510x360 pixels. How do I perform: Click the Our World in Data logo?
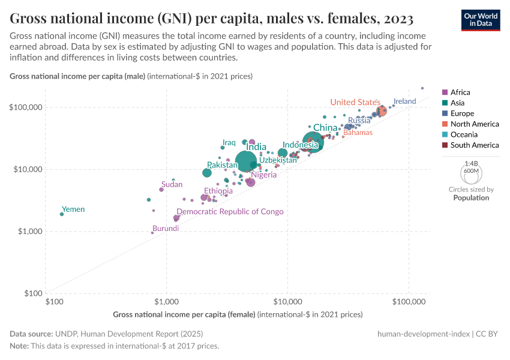480,19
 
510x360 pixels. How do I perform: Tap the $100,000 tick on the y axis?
25,107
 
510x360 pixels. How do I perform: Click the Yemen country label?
73,209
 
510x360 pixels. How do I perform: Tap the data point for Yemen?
62,214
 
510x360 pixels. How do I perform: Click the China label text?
325,128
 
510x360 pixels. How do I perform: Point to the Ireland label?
404,101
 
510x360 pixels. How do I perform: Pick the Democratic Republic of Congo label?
230,212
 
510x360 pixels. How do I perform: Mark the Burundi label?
165,229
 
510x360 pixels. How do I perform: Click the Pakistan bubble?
207,173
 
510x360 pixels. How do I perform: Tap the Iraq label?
229,142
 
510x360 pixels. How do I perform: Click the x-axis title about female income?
238,314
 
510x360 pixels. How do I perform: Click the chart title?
212,19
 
